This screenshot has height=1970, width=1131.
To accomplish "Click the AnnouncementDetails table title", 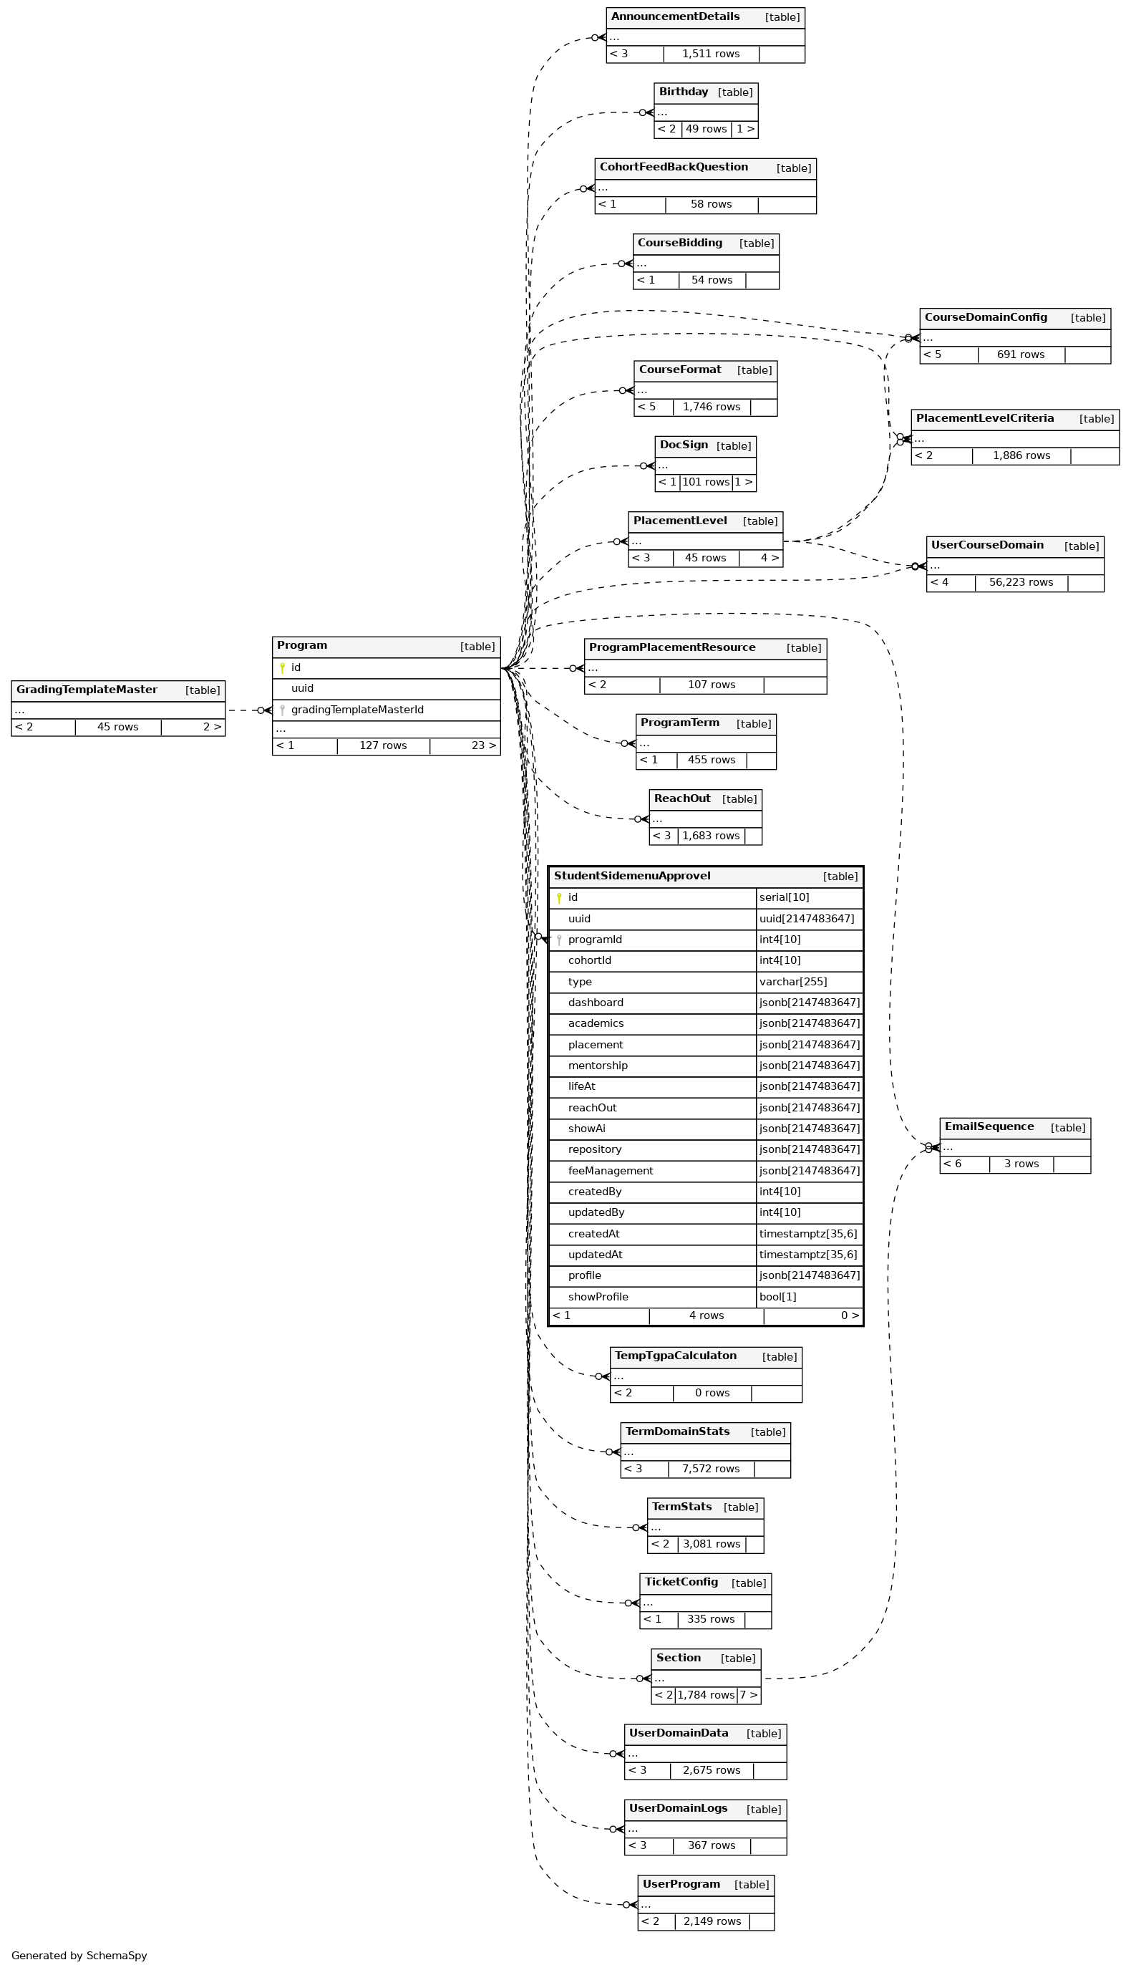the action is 675,16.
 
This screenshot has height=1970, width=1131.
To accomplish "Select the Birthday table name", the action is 684,92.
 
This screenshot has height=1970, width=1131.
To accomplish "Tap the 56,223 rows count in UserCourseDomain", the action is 1021,582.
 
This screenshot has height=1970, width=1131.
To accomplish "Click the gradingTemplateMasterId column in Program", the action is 357,710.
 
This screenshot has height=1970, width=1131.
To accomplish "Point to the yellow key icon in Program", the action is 282,667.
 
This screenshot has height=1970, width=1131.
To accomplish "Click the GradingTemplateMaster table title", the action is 87,690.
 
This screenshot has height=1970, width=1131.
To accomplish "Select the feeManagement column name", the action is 611,1170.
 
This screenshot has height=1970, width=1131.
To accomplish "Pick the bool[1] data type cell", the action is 777,1296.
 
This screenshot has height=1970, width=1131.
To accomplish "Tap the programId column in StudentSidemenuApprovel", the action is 595,940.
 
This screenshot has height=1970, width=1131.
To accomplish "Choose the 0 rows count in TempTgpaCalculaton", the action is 712,1393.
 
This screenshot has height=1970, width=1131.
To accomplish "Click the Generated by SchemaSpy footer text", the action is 79,1955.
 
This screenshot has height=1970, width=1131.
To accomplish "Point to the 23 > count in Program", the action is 483,745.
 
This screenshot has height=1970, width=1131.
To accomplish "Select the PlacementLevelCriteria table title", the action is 985,418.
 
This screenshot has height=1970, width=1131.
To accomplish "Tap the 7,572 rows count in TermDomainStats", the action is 711,1468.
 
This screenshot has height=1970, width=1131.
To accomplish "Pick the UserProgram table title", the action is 681,1884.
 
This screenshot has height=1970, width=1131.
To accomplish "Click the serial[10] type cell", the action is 785,897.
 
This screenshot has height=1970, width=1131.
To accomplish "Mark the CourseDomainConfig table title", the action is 986,317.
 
